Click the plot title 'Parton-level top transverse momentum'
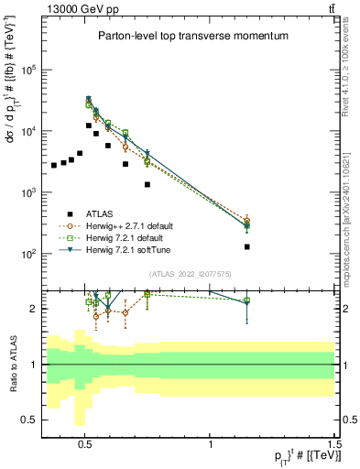click(x=193, y=36)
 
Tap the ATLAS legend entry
click(x=112, y=213)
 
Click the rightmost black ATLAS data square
click(x=247, y=246)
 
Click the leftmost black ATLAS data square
click(x=55, y=166)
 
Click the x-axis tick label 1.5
click(x=334, y=438)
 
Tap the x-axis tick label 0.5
click(x=85, y=438)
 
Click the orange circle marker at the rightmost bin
click(x=247, y=221)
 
